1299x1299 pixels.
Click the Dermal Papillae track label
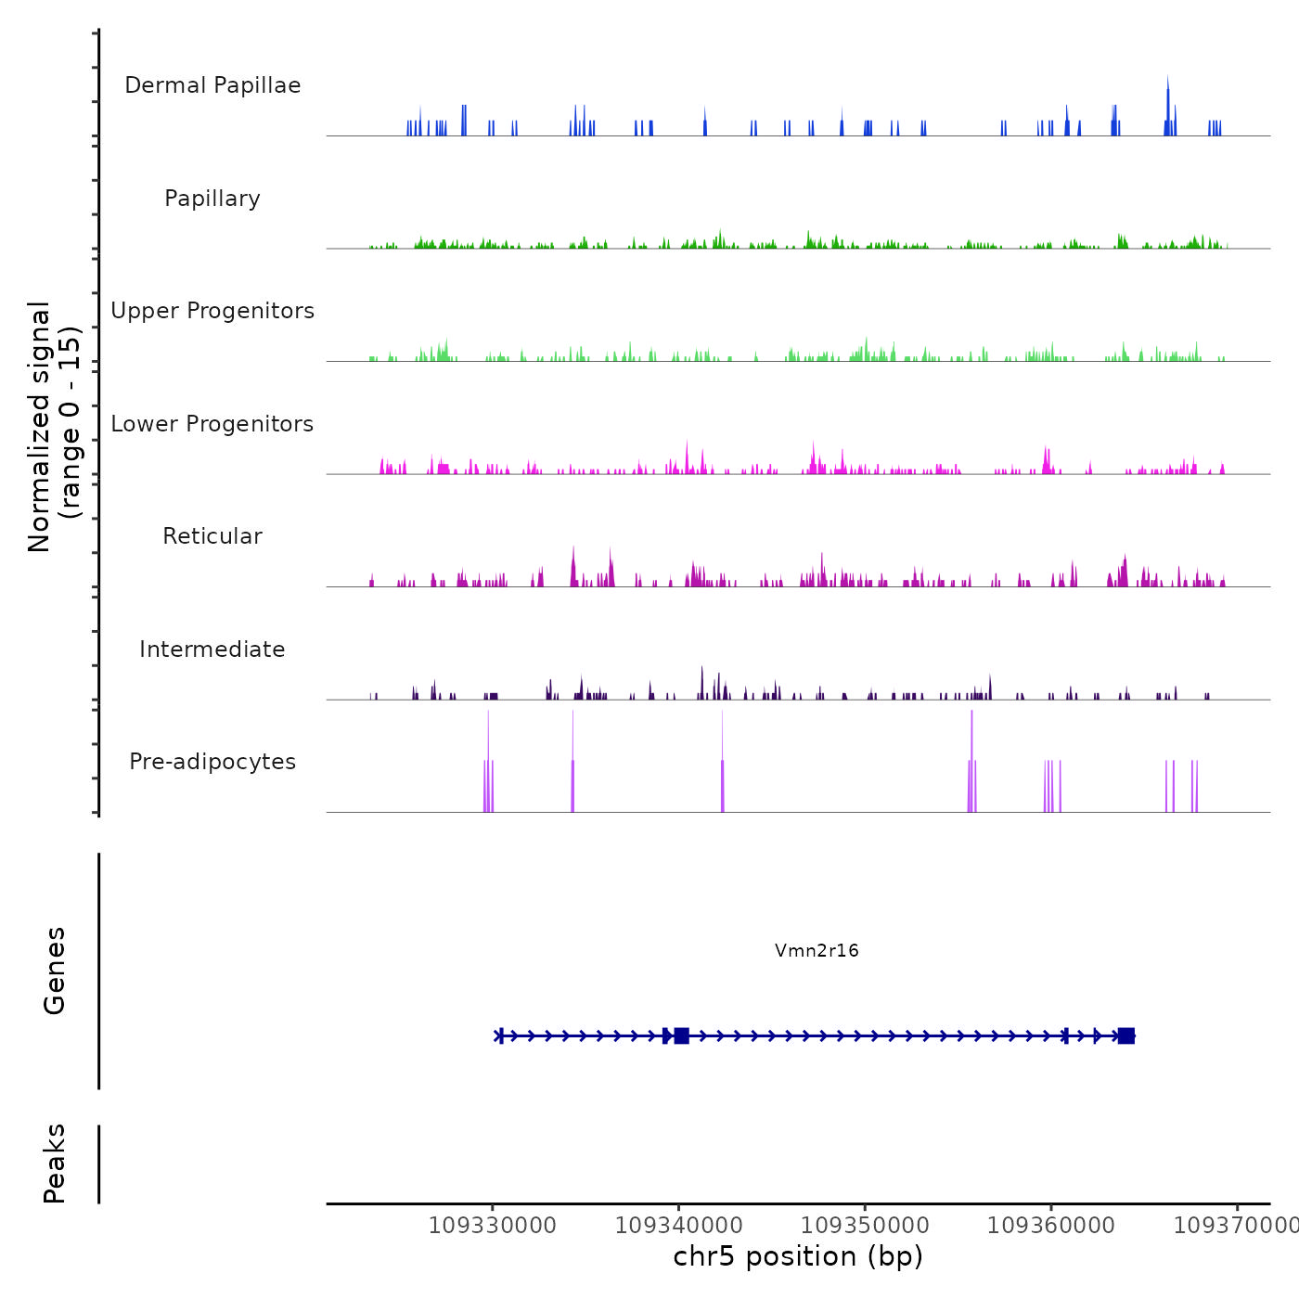tap(212, 85)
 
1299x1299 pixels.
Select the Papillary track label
tap(212, 199)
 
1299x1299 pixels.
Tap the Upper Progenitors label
tap(212, 311)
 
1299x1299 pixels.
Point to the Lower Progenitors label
tap(212, 424)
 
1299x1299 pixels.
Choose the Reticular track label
tap(212, 536)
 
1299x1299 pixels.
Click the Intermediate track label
tap(212, 649)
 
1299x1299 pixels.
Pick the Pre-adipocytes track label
tap(212, 762)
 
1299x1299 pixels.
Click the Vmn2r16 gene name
tap(817, 950)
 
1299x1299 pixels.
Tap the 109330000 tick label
tap(493, 1225)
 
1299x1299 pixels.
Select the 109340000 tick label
tap(678, 1225)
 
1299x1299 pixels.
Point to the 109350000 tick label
tap(865, 1225)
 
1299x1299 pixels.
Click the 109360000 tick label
tap(1051, 1225)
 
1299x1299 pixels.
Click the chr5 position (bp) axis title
tap(798, 1256)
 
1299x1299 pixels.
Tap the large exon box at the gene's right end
tap(1125, 1035)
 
